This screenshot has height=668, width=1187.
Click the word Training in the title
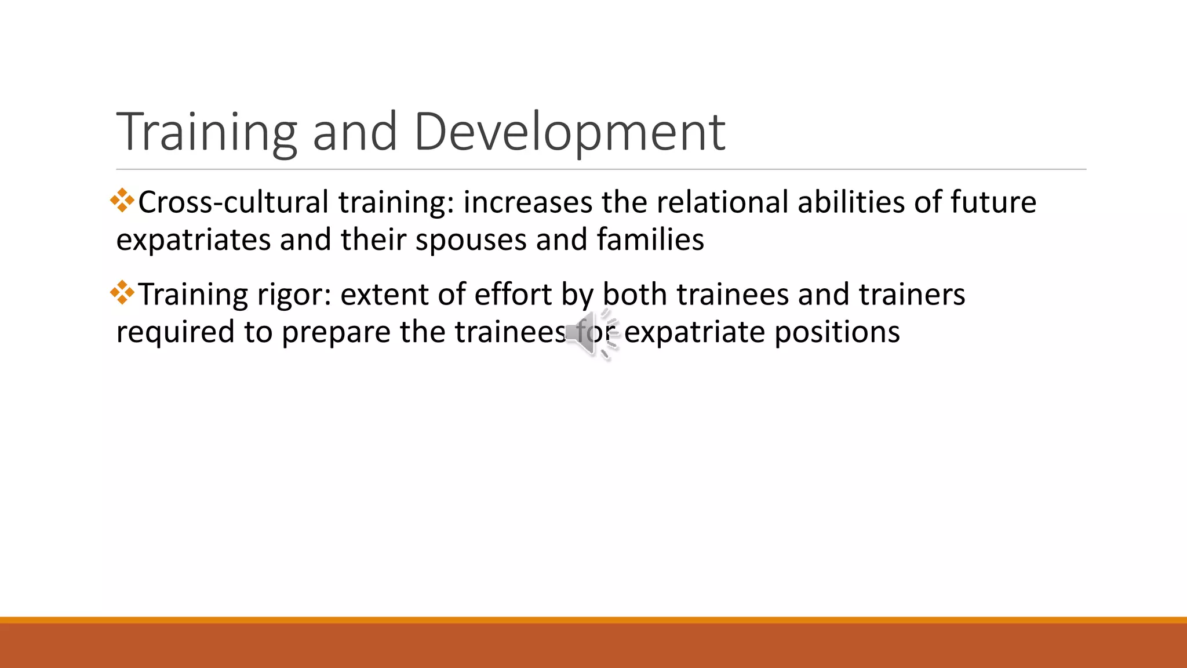click(x=206, y=132)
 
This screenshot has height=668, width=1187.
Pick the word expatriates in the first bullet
click(x=193, y=240)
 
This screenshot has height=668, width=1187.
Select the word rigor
click(x=294, y=295)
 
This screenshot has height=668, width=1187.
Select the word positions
click(x=837, y=332)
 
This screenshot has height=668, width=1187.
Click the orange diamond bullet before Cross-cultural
click(x=122, y=201)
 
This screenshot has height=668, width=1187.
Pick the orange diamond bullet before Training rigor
click(x=122, y=293)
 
